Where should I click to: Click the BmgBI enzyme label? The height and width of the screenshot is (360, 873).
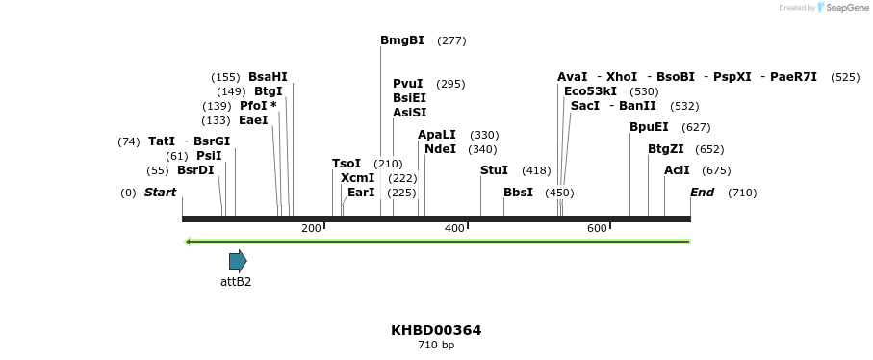coord(401,40)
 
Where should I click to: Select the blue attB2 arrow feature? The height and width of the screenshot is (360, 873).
coord(238,260)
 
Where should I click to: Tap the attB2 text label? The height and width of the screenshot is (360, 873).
coord(236,282)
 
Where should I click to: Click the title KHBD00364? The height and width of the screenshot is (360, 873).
coord(436,330)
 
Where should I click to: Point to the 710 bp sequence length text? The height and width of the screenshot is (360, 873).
coord(436,345)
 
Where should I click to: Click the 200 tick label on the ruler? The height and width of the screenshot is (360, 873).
coord(311,228)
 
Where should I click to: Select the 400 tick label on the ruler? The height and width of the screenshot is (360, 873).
coord(453,228)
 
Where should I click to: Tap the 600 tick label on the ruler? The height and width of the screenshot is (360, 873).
coord(597,228)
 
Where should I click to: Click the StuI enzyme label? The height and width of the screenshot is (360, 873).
coord(494,170)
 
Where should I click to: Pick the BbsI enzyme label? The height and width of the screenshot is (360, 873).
coord(518,193)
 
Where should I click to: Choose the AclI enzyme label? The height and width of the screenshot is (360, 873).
coord(677,170)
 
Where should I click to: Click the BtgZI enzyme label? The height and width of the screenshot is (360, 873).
coord(666,149)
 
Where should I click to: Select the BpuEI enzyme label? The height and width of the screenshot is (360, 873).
coord(649,127)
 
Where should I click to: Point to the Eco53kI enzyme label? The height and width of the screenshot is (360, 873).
coord(590,91)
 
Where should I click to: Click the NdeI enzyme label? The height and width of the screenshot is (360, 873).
coord(440,149)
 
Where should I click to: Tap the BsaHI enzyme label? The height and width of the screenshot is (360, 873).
coord(268,77)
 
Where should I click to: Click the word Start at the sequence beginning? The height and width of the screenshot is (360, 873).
coord(160,193)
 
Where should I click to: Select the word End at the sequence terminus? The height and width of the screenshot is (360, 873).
coord(702,193)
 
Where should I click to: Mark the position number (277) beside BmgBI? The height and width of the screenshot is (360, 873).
coord(451,40)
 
